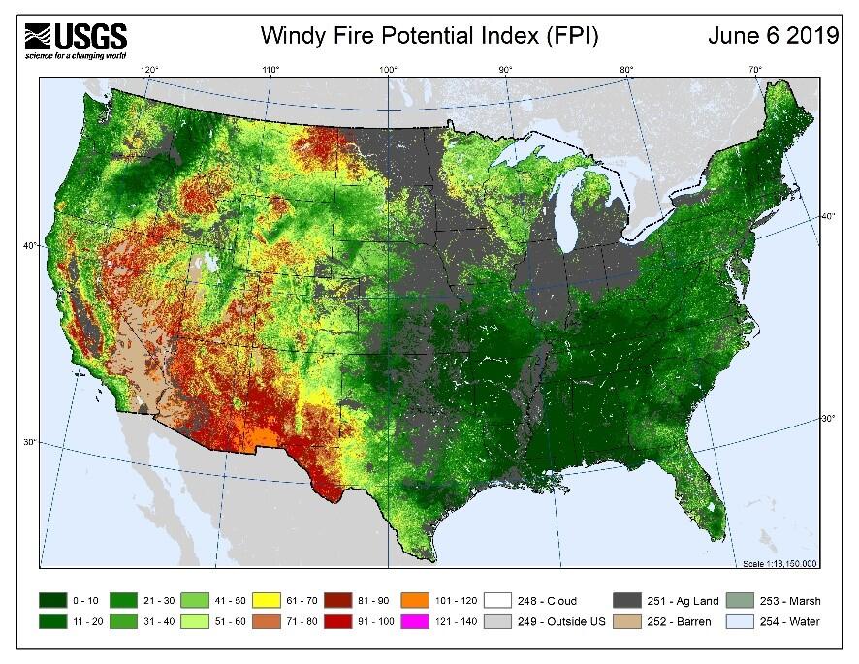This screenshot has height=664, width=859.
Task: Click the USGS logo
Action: point(76,40)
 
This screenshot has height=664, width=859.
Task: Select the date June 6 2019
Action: point(773,37)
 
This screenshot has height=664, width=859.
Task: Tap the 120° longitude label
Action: point(149,69)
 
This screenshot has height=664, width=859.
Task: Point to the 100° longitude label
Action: point(388,69)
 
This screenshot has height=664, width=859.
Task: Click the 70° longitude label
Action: point(754,69)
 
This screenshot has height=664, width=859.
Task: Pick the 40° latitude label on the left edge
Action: point(29,246)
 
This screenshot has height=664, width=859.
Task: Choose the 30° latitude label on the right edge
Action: point(830,419)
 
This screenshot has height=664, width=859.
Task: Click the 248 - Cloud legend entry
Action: point(544,601)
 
